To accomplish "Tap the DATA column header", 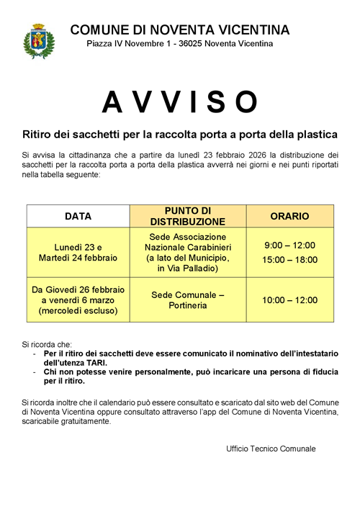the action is [78, 216].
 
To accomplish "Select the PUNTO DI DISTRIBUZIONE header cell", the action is [187, 216].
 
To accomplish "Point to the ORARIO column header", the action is [289, 216].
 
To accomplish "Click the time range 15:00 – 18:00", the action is [289, 259].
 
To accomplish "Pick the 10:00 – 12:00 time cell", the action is [289, 300].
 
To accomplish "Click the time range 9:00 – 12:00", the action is [289, 245].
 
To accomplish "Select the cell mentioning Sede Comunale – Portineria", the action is [187, 300].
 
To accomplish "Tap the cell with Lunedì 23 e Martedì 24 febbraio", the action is [78, 251].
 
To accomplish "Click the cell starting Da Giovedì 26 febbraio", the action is [78, 300].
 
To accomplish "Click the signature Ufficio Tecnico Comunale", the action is [271, 449].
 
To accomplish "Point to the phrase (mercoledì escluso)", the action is [78, 312].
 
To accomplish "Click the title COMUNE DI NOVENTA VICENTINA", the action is [180, 30].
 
